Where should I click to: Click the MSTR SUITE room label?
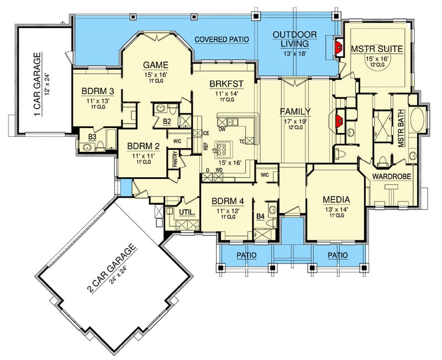[x=376, y=49]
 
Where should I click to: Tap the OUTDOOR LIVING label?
[x=295, y=40]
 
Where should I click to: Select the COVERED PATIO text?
[x=221, y=40]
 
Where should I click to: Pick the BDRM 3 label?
[x=97, y=91]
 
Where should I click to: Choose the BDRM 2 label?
[x=143, y=146]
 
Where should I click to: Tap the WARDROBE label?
[x=390, y=177]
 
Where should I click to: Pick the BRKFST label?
[x=224, y=84]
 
